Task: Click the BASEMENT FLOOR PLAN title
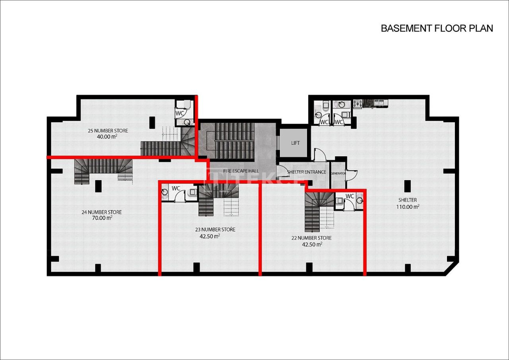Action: click(x=437, y=28)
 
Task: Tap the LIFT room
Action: click(x=295, y=143)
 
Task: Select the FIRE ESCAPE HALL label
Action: click(x=241, y=171)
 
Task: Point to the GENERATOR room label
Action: click(x=338, y=174)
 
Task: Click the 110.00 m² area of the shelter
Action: click(x=408, y=207)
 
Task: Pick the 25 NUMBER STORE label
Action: click(x=108, y=130)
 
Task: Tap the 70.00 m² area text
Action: click(x=101, y=218)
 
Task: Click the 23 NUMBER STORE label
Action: click(x=215, y=230)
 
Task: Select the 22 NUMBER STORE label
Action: click(x=311, y=238)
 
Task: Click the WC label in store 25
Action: click(x=180, y=113)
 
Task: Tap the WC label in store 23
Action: click(x=176, y=188)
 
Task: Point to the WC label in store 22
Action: click(x=350, y=196)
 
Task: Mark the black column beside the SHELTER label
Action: click(x=407, y=186)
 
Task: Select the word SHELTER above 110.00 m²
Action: click(x=407, y=200)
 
